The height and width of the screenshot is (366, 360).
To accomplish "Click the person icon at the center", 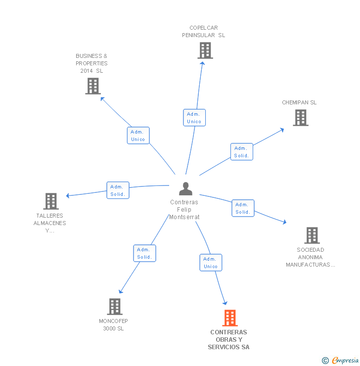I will pos(185,189).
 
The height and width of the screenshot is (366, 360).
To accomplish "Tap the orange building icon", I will pos(230,318).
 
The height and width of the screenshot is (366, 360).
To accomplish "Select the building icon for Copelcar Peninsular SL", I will pos(205,50).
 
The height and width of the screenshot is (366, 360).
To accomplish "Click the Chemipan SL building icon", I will pos(300,118).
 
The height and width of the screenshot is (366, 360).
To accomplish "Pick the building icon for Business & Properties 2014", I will pos(92,86).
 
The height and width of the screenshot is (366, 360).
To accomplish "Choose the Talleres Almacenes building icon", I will pos(51,201).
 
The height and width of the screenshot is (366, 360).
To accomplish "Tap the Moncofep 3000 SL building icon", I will pos(114,307).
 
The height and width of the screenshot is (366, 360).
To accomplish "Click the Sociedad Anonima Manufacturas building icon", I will pos(312,235).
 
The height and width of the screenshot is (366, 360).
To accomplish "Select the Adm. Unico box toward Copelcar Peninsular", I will pos(194,118).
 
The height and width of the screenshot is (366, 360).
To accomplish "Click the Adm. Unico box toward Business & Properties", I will pos(138,136).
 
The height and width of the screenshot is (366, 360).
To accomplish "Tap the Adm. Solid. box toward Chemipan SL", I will pos(241,152).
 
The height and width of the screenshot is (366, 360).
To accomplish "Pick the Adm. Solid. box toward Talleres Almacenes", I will pos(118,190).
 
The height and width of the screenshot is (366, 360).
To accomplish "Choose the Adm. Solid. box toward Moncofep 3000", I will pos(144,253).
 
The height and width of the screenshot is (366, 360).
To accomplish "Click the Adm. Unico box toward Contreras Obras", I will pos(211,263).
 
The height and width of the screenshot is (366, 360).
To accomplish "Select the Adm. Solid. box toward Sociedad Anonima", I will pos(243,208).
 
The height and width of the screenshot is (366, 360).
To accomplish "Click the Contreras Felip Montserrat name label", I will pos(184,210).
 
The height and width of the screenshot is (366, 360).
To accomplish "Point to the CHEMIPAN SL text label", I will pos(299,102).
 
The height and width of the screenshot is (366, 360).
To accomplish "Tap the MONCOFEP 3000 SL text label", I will pos(113,324).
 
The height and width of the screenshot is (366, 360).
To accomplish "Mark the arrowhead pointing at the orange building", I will pos(225,303).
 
